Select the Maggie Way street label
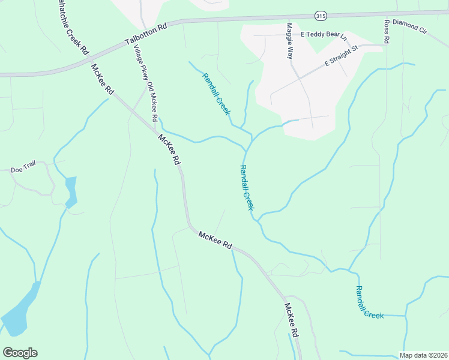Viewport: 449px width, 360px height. [x=290, y=41]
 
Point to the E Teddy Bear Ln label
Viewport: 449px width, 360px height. [x=324, y=36]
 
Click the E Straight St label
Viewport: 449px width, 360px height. [x=341, y=54]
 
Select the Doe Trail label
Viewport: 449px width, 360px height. [x=24, y=170]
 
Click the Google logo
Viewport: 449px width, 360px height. [x=20, y=353]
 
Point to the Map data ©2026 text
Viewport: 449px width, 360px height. [x=423, y=355]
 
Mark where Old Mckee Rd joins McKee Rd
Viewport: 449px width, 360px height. [x=158, y=131]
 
